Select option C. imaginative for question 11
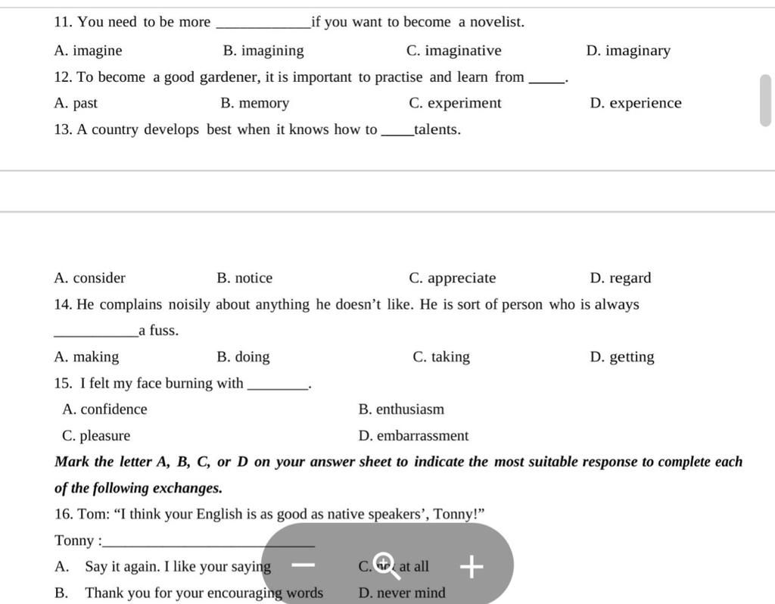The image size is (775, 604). click(x=453, y=51)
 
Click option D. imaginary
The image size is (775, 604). click(x=628, y=51)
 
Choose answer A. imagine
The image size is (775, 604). click(x=88, y=51)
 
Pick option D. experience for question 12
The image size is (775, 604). click(x=635, y=103)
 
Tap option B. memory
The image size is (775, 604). click(x=254, y=103)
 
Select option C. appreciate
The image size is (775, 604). click(x=452, y=278)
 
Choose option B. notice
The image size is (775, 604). click(x=244, y=278)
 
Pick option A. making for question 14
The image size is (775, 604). click(x=86, y=356)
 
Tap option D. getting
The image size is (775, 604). click(x=621, y=356)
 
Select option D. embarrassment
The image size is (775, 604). click(x=413, y=436)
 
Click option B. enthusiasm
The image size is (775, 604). click(x=401, y=409)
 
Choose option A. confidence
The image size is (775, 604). click(x=104, y=409)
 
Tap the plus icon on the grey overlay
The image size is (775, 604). click(x=471, y=566)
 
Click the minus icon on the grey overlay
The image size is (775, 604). click(x=303, y=565)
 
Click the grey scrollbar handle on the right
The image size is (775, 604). click(x=765, y=101)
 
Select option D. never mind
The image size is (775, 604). click(x=402, y=593)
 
